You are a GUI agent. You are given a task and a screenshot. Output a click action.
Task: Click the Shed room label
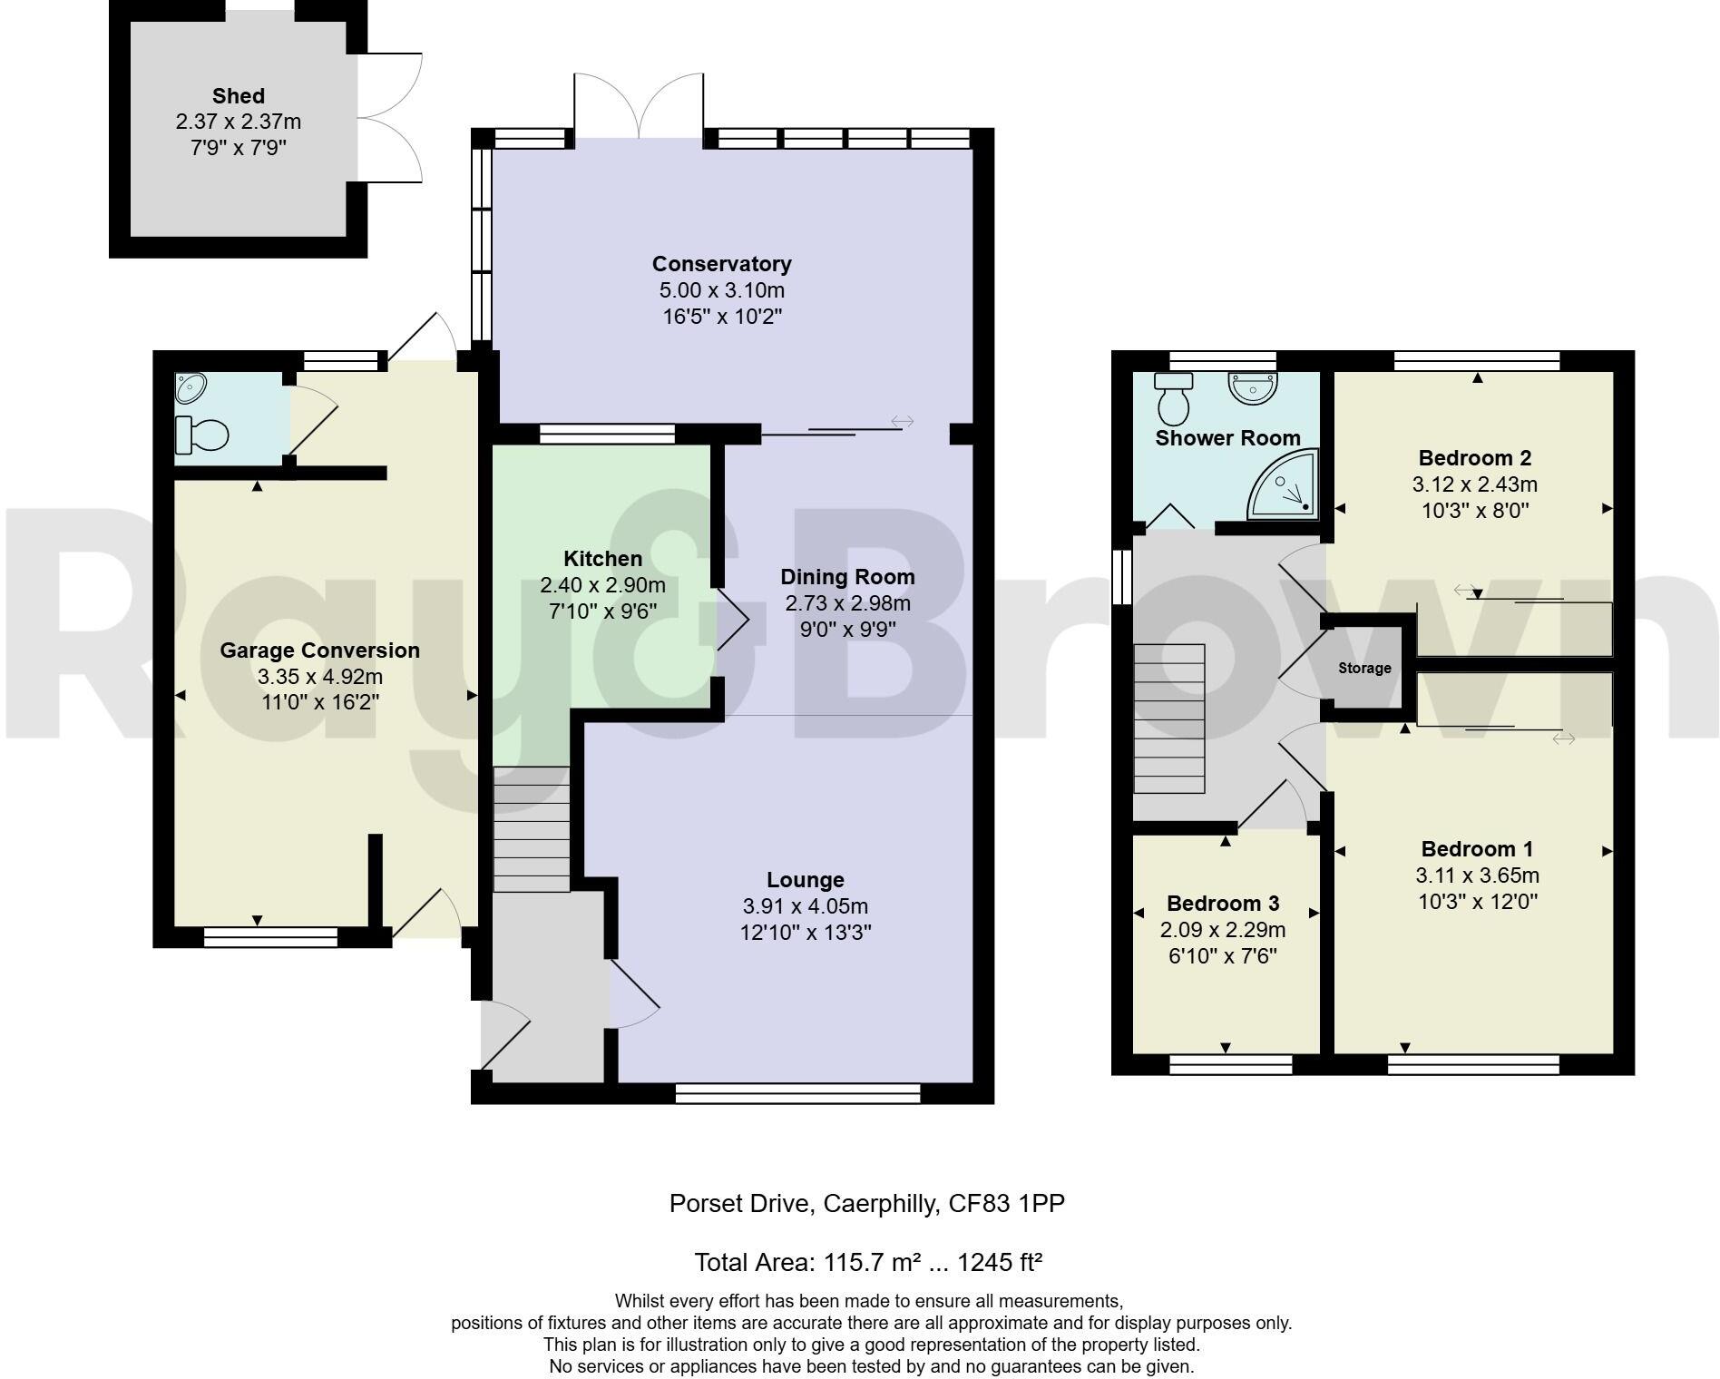tap(239, 96)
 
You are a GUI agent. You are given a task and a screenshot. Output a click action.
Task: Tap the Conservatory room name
tap(722, 264)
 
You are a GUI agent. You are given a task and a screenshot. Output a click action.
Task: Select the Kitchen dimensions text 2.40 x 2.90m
tap(602, 585)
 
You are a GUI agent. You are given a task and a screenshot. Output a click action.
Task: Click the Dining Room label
tap(847, 577)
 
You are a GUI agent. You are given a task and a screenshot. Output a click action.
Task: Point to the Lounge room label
tap(806, 880)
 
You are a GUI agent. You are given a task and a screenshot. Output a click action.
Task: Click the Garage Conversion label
tap(320, 650)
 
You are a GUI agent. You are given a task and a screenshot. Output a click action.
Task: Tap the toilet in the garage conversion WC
tap(202, 435)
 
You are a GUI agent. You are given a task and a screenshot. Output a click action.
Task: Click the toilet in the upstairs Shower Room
tap(1174, 399)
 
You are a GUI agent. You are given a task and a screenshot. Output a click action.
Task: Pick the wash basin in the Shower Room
tap(1253, 388)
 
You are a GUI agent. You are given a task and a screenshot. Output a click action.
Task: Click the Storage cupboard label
tap(1364, 669)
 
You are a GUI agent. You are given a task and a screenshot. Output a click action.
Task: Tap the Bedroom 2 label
tap(1475, 458)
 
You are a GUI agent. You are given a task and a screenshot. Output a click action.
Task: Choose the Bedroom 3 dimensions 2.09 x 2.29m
tap(1223, 930)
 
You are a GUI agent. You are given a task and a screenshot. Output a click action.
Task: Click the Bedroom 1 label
tap(1477, 849)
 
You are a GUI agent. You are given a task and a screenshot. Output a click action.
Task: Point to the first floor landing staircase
tap(1169, 719)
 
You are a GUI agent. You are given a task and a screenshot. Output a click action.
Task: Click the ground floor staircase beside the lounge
tap(532, 829)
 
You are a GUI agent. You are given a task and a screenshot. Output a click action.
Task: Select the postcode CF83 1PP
tap(1006, 1204)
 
